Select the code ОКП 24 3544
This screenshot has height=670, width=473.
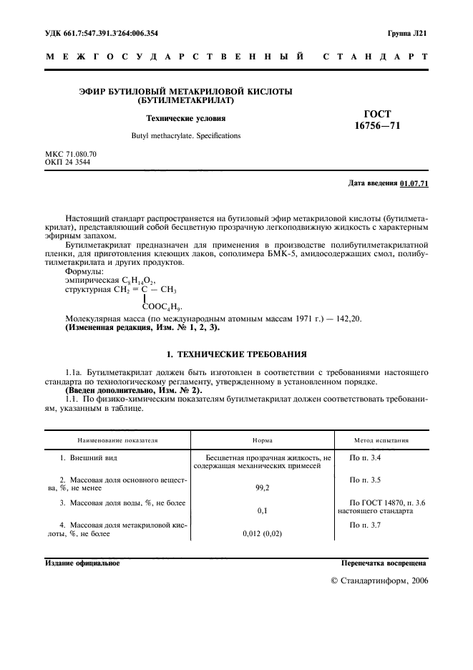(67, 162)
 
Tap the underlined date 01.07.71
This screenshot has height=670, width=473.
(414, 184)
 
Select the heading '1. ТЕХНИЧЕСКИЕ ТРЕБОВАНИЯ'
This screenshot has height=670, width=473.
(236, 354)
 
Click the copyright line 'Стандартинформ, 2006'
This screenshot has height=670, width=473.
(379, 581)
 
